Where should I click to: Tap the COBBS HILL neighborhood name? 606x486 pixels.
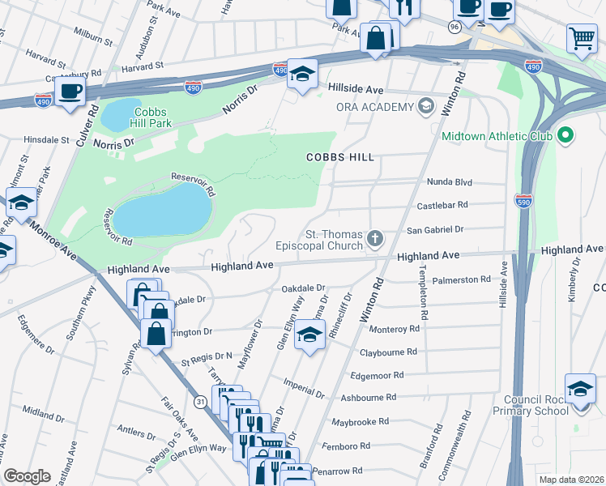click(x=339, y=157)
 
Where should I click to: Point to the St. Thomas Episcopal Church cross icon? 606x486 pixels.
click(x=373, y=238)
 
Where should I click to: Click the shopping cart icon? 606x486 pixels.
click(x=581, y=37)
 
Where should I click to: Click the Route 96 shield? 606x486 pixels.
click(x=454, y=27)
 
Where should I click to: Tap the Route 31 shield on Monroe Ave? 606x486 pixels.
click(x=199, y=402)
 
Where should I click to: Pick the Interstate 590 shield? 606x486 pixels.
click(x=524, y=201)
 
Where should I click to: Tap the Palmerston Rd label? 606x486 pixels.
click(x=462, y=279)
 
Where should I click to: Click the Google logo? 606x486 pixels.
click(x=27, y=476)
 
